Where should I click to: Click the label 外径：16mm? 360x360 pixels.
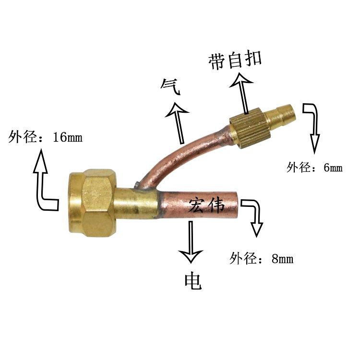click(46, 138)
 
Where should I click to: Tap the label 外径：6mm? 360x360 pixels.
click(314, 168)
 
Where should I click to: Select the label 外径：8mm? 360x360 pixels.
click(262, 259)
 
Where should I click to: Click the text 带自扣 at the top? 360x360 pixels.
click(235, 60)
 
